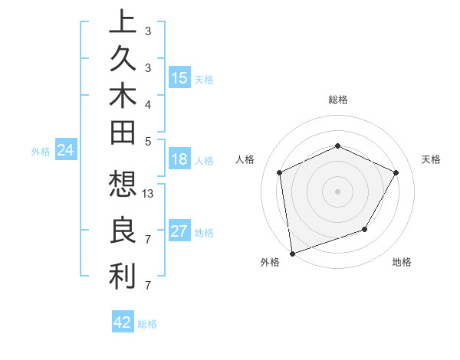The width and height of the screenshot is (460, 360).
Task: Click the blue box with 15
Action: point(179,77)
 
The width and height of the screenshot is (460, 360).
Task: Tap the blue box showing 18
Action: point(179,159)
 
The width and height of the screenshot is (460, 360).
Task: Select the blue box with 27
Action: point(179,231)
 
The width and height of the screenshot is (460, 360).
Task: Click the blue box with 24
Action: point(66,150)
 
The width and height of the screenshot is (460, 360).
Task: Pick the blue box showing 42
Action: point(123,322)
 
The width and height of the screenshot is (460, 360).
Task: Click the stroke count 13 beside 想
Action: point(149,194)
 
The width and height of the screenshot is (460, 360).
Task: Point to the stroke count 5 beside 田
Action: point(148,140)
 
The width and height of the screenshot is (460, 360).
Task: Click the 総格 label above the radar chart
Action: point(337,100)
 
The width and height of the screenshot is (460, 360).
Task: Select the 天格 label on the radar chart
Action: point(431,159)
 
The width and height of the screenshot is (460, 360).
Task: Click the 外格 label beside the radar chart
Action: point(270,262)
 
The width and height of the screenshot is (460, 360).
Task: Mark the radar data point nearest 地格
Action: point(365,229)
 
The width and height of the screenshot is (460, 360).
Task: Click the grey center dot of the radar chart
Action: point(337,191)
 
